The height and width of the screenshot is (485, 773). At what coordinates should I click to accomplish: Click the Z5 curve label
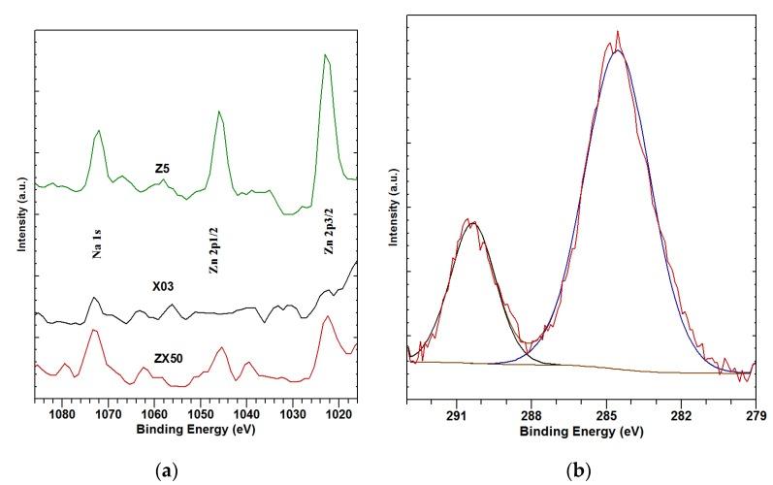point(163,169)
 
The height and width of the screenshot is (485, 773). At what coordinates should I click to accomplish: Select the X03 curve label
point(163,288)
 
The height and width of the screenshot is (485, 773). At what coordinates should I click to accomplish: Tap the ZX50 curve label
point(169,358)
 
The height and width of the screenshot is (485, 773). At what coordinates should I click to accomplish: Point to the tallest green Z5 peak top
point(326,55)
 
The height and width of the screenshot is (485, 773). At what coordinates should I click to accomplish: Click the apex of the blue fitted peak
point(617,49)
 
